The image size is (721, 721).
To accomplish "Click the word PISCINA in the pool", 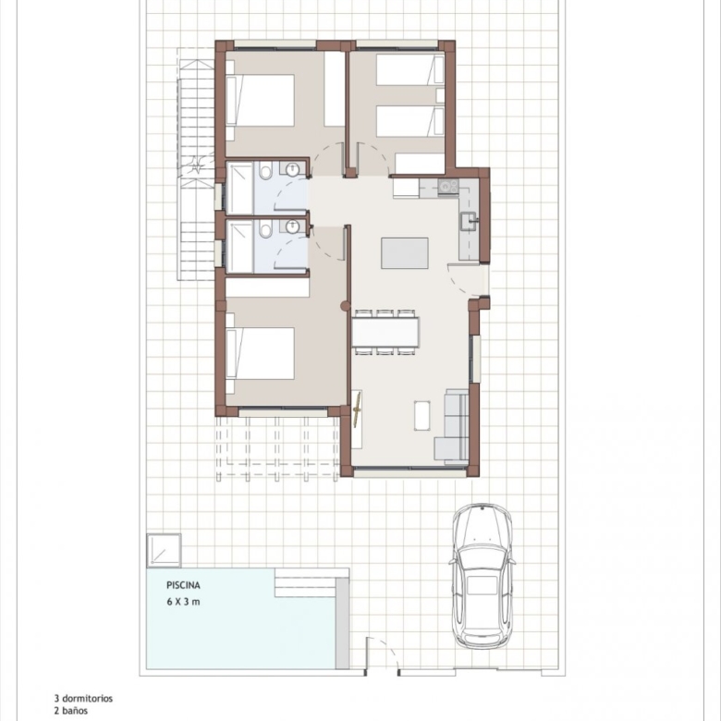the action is [183, 585].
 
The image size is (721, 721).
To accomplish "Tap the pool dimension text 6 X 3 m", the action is [183, 602].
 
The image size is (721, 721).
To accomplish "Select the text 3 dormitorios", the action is [83, 699].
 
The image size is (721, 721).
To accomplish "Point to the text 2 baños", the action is [70, 711].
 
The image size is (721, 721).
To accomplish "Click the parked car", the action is [482, 576].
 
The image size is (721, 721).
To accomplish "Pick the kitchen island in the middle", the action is [405, 253].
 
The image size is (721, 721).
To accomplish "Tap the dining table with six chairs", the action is [385, 332].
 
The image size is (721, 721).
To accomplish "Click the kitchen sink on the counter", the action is [470, 221].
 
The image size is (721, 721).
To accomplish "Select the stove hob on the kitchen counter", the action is [448, 186].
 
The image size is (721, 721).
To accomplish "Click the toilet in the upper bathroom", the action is [265, 172].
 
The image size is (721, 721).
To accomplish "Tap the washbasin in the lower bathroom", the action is [292, 226].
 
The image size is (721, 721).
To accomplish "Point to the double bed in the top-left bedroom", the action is [261, 100].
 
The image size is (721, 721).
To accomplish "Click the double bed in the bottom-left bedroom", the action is [261, 353].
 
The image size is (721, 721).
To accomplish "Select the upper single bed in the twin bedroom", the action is [410, 70].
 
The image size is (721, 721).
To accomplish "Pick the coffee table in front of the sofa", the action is [422, 416].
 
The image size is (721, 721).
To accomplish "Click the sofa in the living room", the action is [452, 424].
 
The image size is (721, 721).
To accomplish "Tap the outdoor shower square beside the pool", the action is [164, 550].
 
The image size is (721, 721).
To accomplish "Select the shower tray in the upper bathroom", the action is [240, 188].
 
